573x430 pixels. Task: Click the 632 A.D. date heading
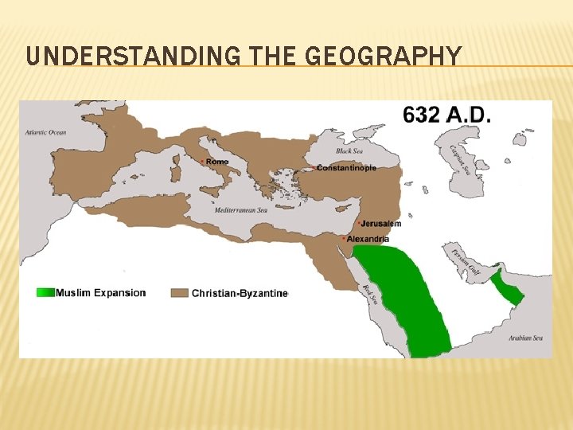pyautogui.click(x=447, y=115)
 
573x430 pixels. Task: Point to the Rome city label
pyautogui.click(x=216, y=162)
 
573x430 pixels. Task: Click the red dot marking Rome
pyautogui.click(x=202, y=162)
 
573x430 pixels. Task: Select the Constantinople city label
pyautogui.click(x=347, y=168)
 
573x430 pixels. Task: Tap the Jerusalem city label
pyautogui.click(x=381, y=224)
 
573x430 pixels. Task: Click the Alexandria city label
pyautogui.click(x=368, y=239)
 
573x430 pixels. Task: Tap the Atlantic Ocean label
pyautogui.click(x=45, y=132)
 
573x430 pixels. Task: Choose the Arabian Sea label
pyautogui.click(x=526, y=338)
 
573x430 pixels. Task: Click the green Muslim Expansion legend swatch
pyautogui.click(x=45, y=292)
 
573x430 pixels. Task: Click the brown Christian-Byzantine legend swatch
pyautogui.click(x=181, y=293)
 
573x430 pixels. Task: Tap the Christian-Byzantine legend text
pyautogui.click(x=240, y=293)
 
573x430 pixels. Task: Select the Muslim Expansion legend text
pyautogui.click(x=101, y=292)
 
